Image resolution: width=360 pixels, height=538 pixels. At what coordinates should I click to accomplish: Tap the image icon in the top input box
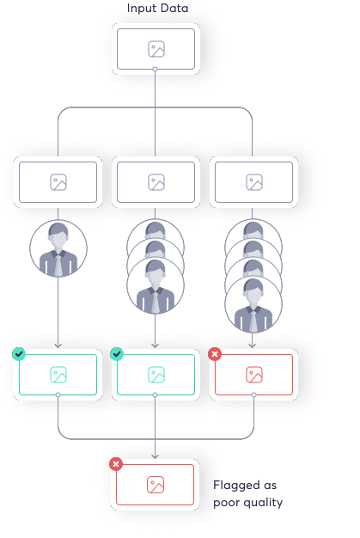tap(156, 49)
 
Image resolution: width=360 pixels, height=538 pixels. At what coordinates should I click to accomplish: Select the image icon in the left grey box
tap(58, 182)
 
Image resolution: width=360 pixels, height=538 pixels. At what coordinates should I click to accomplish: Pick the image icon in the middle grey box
tap(156, 182)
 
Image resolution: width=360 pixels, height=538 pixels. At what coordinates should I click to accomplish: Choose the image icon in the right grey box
tap(254, 182)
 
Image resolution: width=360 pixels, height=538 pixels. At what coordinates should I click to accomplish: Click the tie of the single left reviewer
tap(58, 266)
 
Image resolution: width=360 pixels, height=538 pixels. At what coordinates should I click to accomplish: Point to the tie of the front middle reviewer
tap(156, 302)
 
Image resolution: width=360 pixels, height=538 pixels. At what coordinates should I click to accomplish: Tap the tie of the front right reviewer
tap(253, 321)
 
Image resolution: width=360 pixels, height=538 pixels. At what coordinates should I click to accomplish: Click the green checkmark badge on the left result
tap(19, 354)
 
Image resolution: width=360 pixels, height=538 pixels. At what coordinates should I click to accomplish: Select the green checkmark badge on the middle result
tap(117, 354)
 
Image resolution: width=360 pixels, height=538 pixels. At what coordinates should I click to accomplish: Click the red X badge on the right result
tap(215, 354)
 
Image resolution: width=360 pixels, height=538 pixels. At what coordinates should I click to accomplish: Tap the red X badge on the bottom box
tap(116, 464)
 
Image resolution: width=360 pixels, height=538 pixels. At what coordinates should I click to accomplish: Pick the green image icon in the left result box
tap(58, 375)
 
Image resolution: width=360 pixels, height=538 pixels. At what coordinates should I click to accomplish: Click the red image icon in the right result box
tap(254, 375)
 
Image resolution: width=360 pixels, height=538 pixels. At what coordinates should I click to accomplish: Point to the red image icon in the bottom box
tap(156, 485)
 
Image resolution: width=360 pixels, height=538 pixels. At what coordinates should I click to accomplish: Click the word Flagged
tap(236, 486)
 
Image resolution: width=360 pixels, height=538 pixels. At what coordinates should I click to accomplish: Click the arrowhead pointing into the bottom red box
tap(156, 456)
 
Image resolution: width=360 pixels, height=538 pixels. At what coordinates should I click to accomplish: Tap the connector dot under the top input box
tap(156, 70)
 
